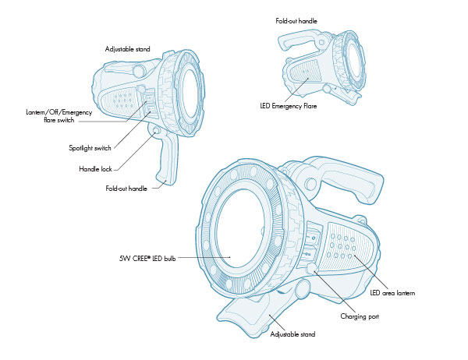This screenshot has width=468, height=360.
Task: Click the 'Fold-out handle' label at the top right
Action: pos(296,20)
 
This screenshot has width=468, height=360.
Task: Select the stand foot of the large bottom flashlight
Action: pos(250,312)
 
